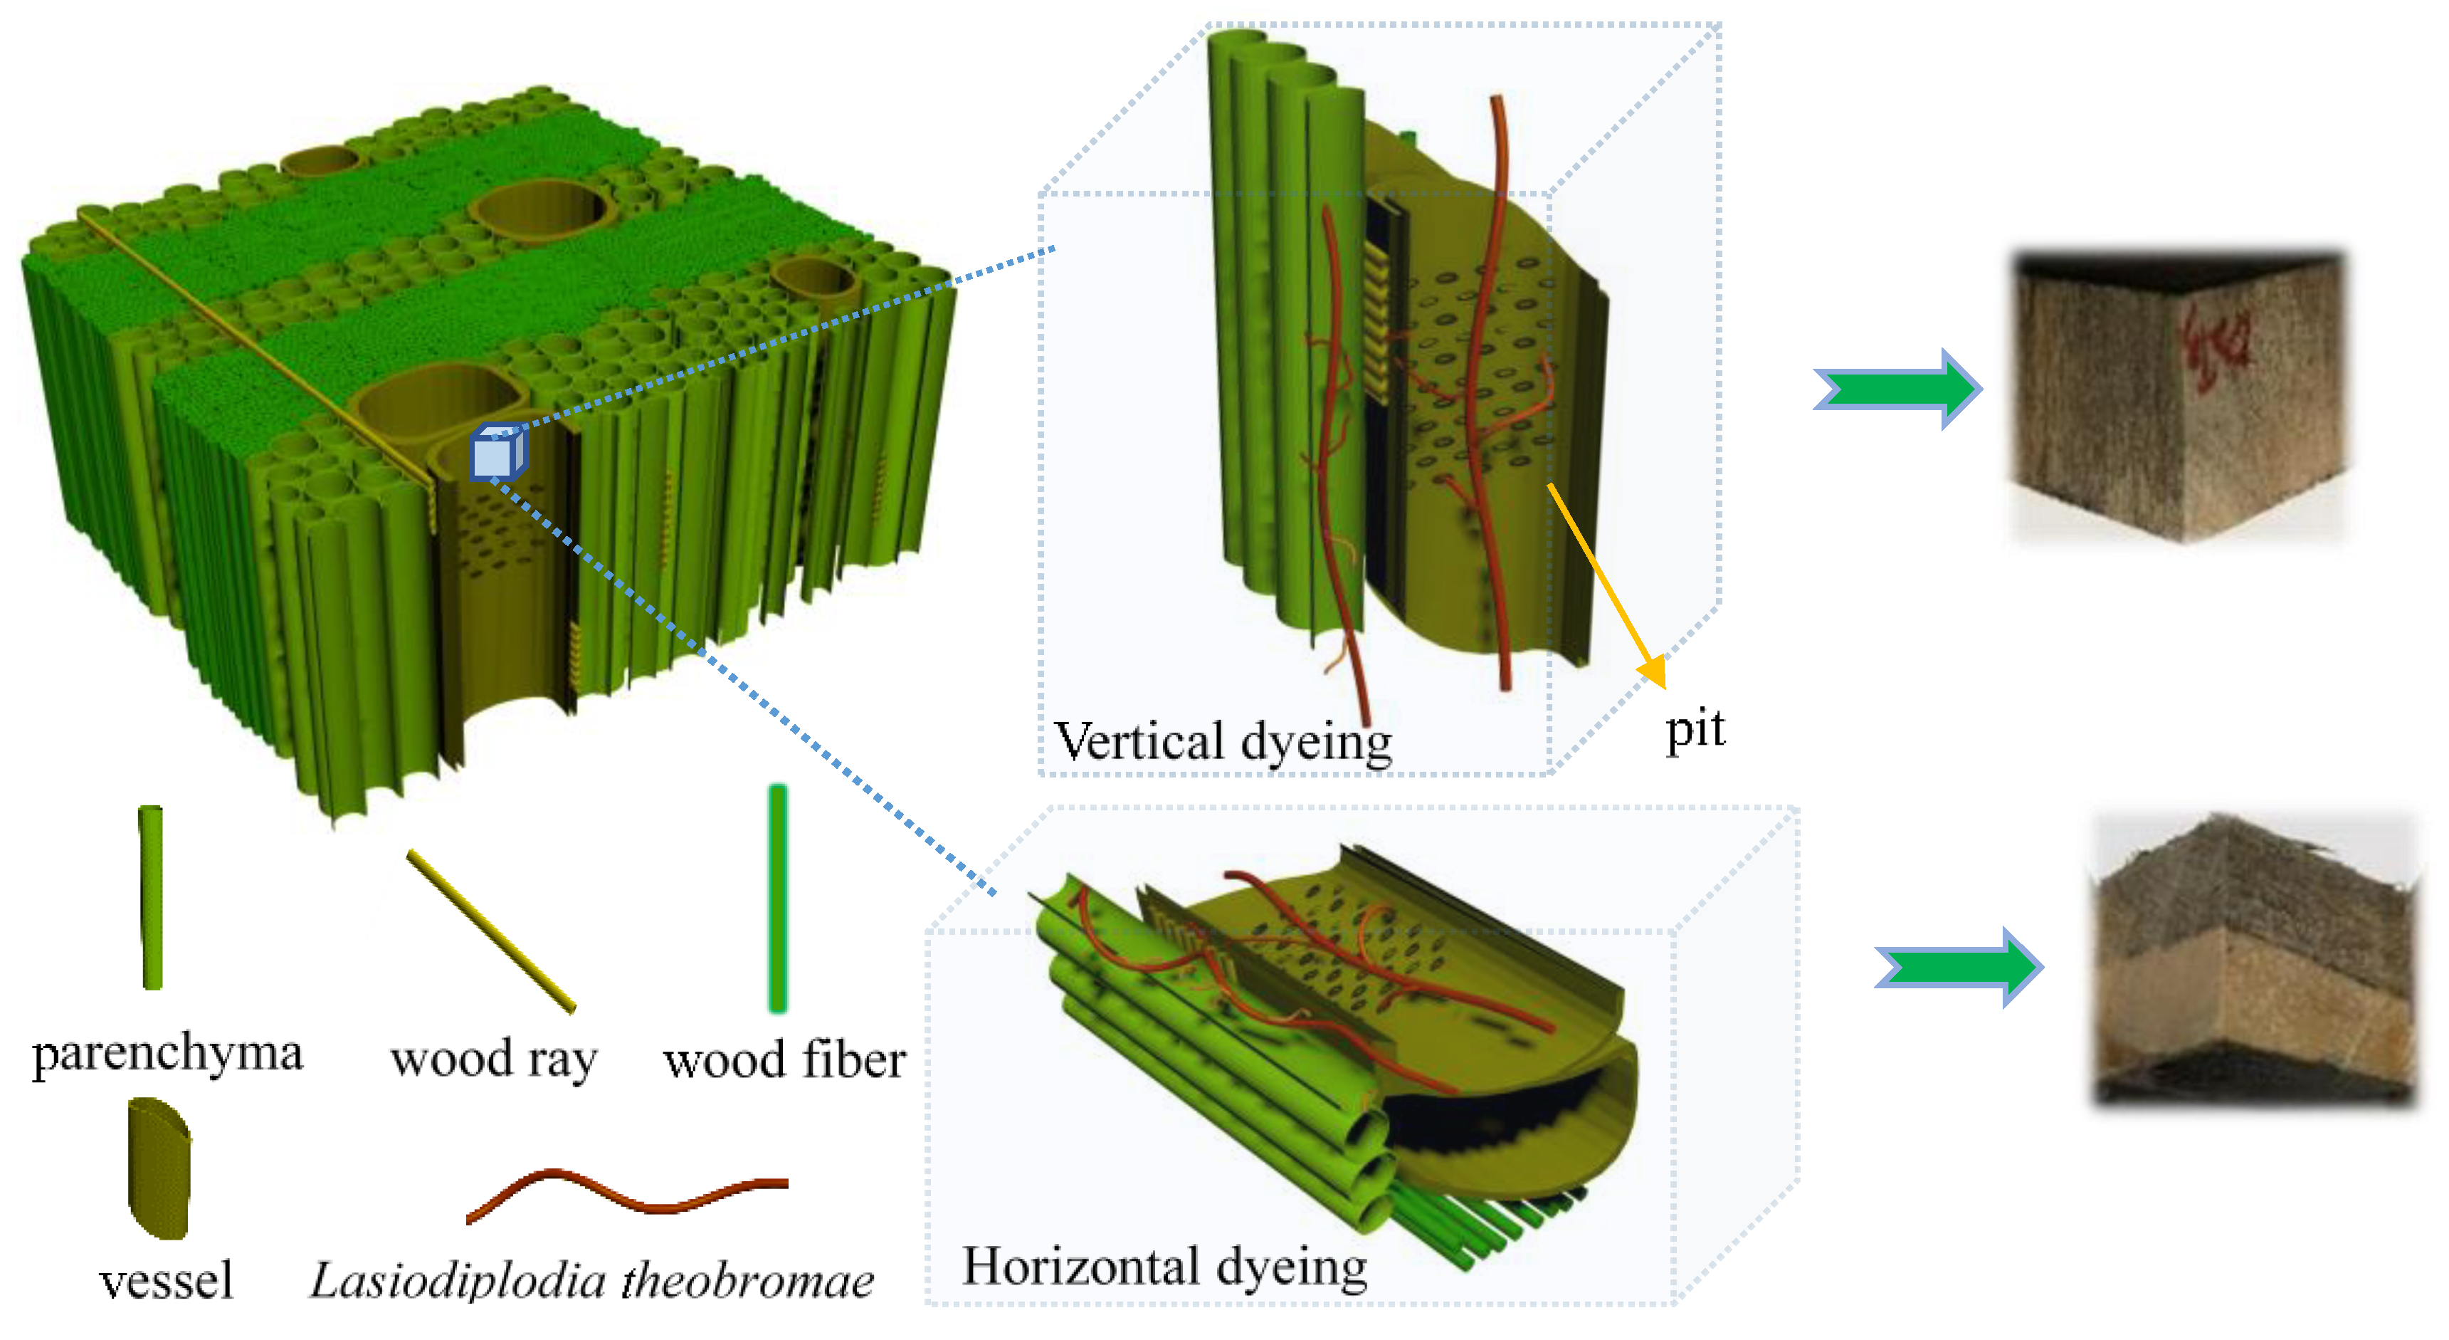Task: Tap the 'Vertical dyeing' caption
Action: click(x=1223, y=741)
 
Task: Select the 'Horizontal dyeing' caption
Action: click(x=1164, y=1267)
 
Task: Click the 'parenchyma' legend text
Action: click(x=167, y=1053)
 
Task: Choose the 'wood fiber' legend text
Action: click(x=784, y=1059)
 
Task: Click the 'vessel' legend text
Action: click(x=167, y=1280)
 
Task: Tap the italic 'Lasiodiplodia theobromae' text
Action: click(x=591, y=1280)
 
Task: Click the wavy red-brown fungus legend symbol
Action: click(x=628, y=1193)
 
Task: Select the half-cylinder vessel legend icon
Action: click(x=159, y=1168)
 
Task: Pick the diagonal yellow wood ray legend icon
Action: click(x=492, y=930)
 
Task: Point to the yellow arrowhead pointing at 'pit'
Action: click(x=1654, y=671)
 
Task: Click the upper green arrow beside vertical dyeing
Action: click(x=1897, y=389)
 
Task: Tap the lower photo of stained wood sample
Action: click(x=2253, y=960)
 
